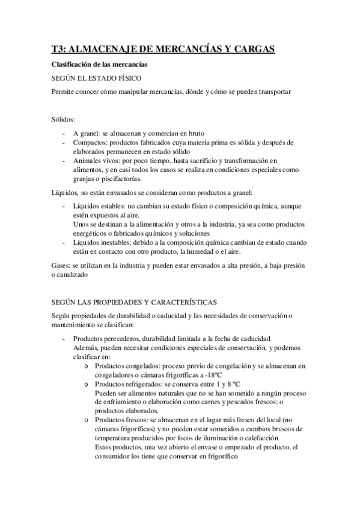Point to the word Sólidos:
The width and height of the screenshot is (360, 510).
pyautogui.click(x=64, y=120)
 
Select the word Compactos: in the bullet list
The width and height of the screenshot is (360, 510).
pyautogui.click(x=93, y=143)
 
